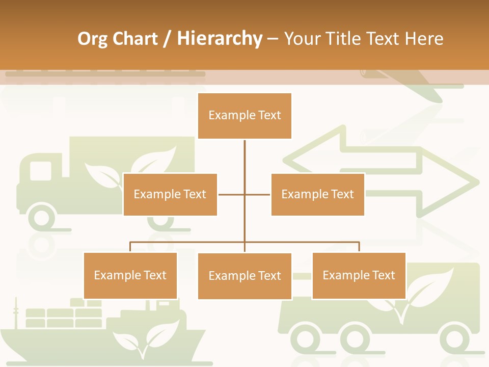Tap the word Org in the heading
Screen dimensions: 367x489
coord(92,39)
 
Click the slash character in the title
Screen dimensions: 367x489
coord(167,39)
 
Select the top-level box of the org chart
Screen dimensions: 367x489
coord(244,116)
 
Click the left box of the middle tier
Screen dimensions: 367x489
coord(170,194)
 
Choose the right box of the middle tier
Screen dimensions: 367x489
coord(317,194)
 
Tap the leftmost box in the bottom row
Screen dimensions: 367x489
coord(130,275)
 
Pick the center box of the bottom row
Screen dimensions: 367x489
coord(244,276)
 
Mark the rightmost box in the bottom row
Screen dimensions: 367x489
coord(359,275)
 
